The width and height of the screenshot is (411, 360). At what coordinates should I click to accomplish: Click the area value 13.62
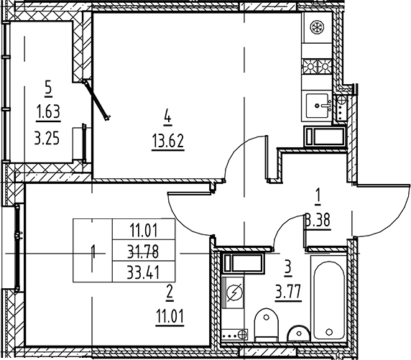click(167, 141)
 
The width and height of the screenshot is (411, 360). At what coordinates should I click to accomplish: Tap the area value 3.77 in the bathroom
click(288, 292)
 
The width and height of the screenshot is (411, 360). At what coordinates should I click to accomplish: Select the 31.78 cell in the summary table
click(144, 251)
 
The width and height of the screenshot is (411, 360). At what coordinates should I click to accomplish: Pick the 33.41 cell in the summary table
click(144, 272)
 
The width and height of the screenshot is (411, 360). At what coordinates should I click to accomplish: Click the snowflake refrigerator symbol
click(317, 27)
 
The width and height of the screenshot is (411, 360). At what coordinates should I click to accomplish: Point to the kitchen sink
click(317, 106)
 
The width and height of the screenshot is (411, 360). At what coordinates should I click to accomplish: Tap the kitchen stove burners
click(318, 66)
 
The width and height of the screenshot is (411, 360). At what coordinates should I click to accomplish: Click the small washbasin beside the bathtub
click(299, 333)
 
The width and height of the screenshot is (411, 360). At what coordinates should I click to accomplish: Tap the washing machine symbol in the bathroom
click(234, 292)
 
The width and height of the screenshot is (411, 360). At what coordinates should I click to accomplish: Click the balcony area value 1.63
click(48, 111)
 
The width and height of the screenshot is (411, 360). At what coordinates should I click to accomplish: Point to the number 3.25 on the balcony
click(47, 139)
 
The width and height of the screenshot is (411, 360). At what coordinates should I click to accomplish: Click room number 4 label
click(167, 116)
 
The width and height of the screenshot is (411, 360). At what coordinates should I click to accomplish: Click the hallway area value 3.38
click(318, 221)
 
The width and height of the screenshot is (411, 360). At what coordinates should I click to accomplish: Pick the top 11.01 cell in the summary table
click(144, 231)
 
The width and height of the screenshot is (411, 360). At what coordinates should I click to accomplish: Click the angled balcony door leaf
click(97, 101)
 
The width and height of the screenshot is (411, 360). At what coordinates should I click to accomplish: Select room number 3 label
click(288, 269)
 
